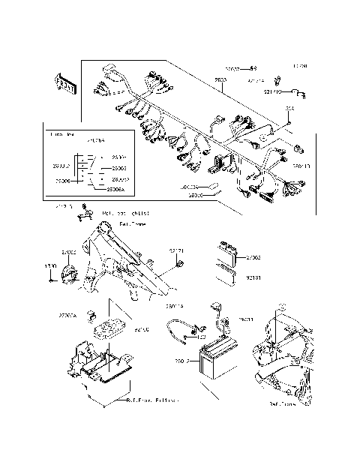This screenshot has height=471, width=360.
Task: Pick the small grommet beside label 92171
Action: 181,262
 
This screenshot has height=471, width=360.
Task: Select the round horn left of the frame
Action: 67,275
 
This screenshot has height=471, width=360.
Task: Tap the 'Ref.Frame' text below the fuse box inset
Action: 133,223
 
